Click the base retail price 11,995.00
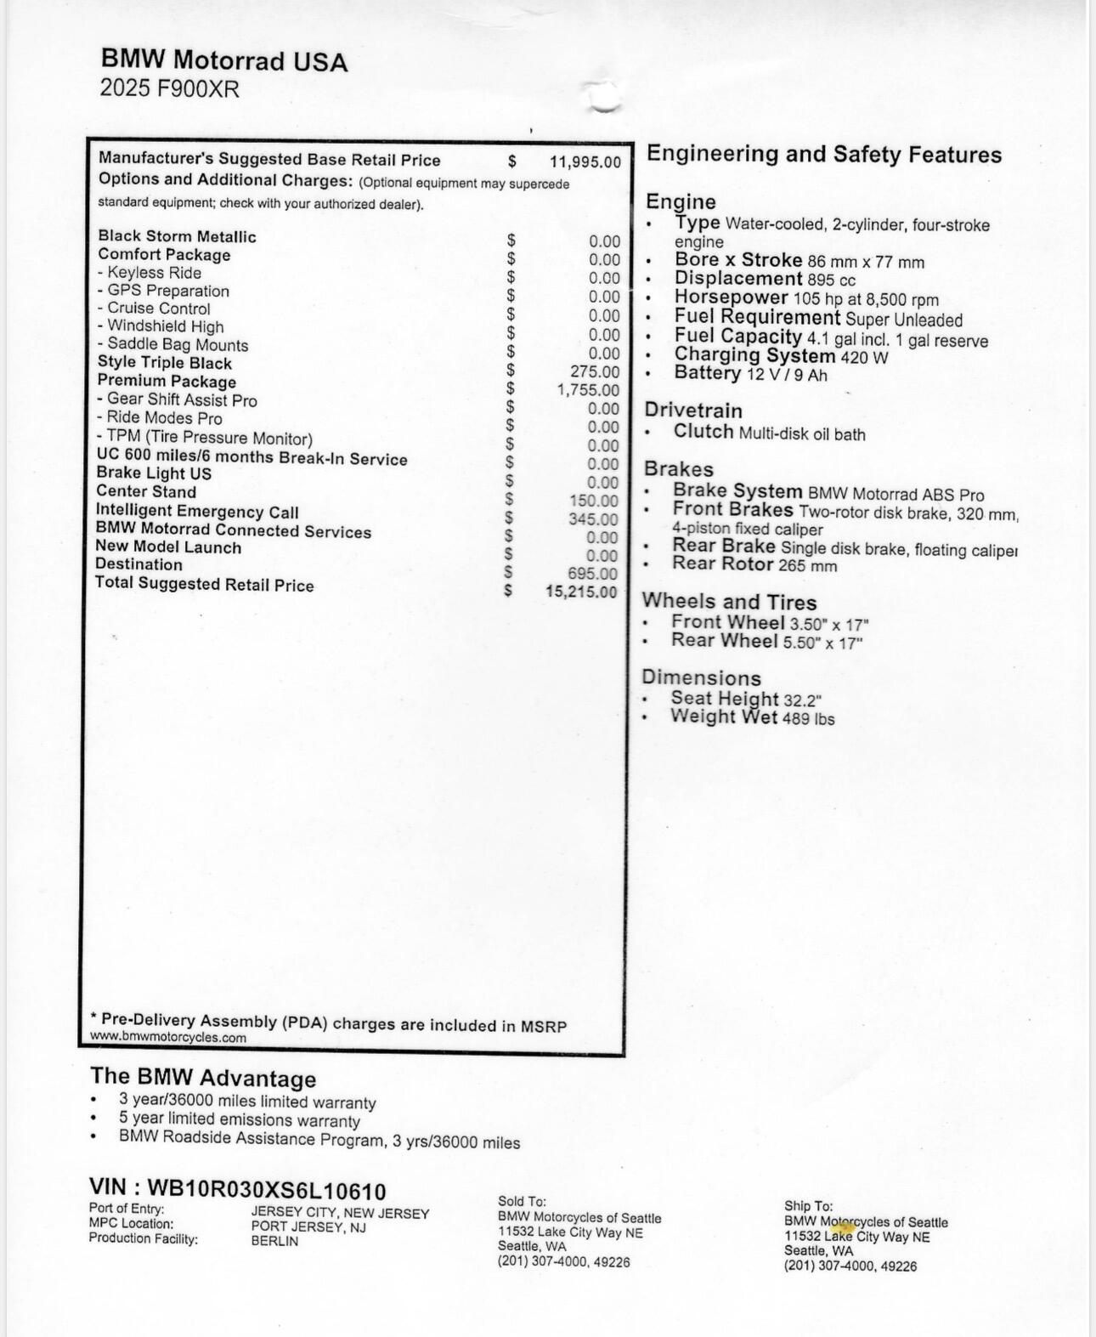(x=585, y=162)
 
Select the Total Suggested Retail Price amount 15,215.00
(x=581, y=592)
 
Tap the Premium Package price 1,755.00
(x=588, y=390)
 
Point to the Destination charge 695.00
(x=593, y=574)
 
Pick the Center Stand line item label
(x=146, y=491)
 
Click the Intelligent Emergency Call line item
(x=197, y=511)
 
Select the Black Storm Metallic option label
(x=177, y=236)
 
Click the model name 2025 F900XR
(x=169, y=88)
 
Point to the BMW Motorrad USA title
(x=224, y=60)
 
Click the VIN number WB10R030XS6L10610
(x=266, y=1191)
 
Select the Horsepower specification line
(x=806, y=298)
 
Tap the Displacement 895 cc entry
(x=765, y=280)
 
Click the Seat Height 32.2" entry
(x=746, y=699)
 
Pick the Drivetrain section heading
(x=693, y=410)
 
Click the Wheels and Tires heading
(x=729, y=602)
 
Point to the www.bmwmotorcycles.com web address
(x=168, y=1037)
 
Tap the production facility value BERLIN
(x=274, y=1241)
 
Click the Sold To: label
(x=522, y=1202)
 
